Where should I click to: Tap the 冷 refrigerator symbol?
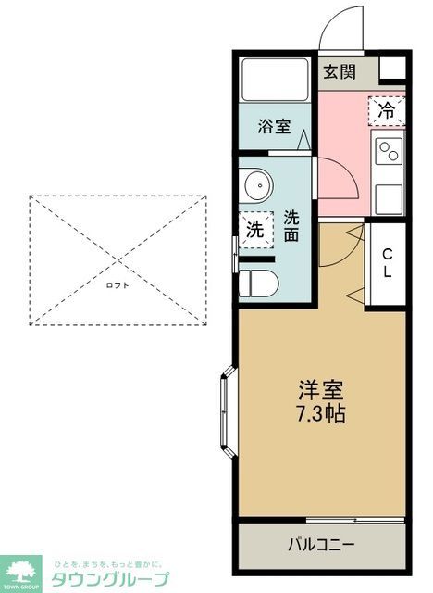point(388,110)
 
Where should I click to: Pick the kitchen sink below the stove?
point(389,196)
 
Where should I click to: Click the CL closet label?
point(387,263)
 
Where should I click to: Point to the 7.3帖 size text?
point(321,414)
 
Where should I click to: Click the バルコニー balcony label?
point(320,544)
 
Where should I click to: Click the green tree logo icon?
point(20,571)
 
